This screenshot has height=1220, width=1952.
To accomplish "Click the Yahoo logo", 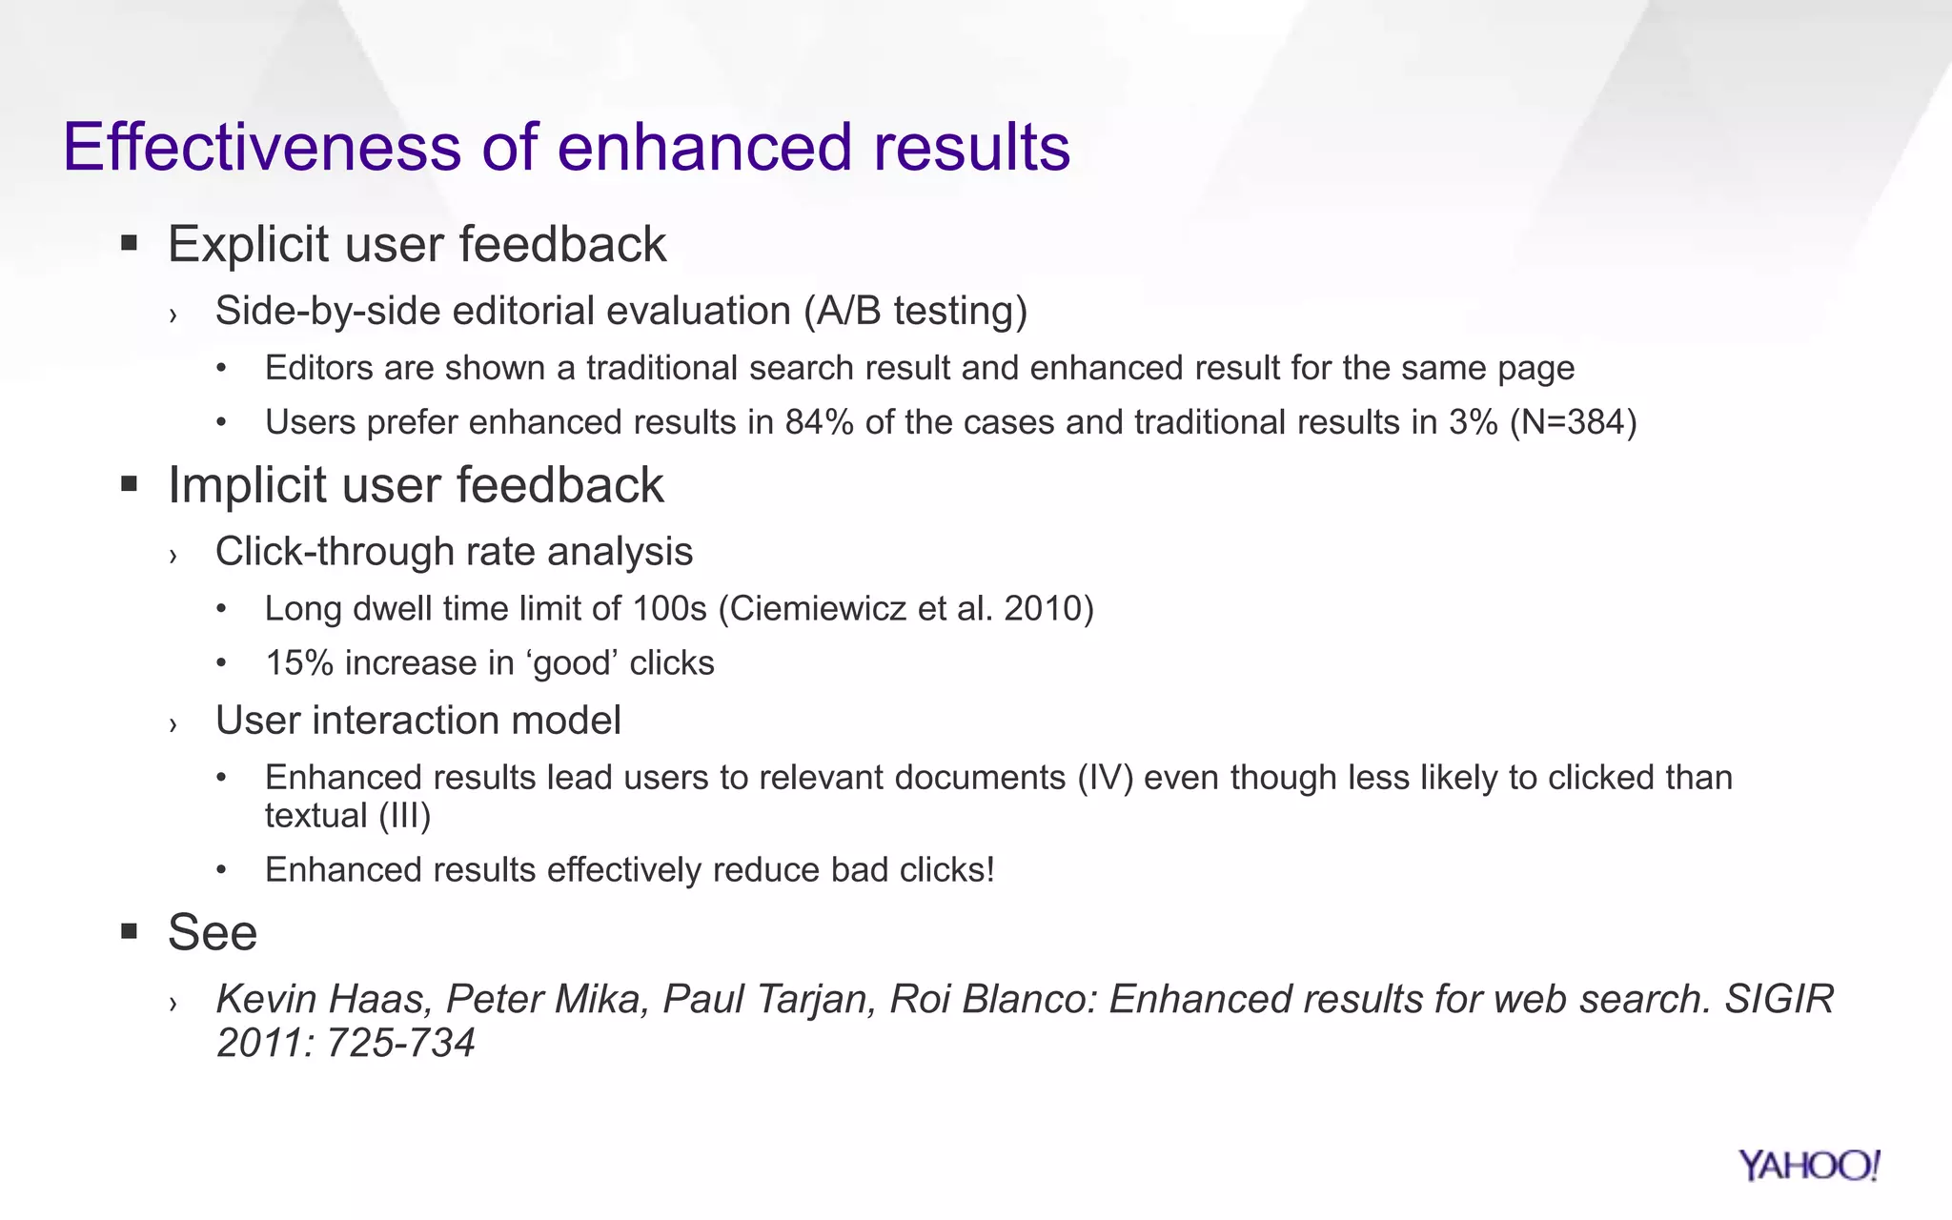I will pyautogui.click(x=1808, y=1166).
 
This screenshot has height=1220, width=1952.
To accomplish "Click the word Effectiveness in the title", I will pyautogui.click(x=262, y=148).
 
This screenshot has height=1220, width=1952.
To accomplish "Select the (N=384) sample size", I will pyautogui.click(x=1574, y=422).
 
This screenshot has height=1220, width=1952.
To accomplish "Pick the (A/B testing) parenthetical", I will pyautogui.click(x=915, y=312).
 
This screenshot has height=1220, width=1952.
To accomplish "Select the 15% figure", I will pyautogui.click(x=299, y=663).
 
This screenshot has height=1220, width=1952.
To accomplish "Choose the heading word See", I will pyautogui.click(x=213, y=932).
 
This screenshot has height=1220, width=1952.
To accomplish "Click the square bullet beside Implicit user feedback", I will pyautogui.click(x=130, y=485).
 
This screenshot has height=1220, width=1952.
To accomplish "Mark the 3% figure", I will pyautogui.click(x=1474, y=422).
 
